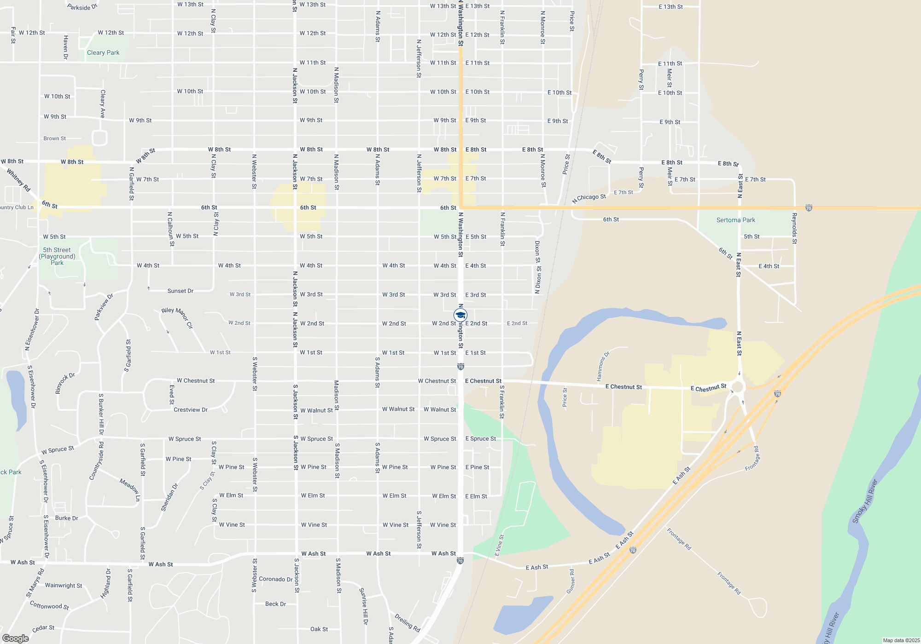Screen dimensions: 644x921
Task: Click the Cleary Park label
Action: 103,53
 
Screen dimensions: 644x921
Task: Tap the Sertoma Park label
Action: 735,220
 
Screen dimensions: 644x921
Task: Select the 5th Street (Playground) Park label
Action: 57,257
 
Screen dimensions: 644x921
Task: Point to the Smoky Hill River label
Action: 864,501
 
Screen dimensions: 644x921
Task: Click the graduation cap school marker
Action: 460,315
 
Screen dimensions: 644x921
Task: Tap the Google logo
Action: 16,638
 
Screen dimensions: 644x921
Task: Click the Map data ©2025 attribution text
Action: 901,640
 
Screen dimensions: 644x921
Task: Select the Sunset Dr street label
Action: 180,291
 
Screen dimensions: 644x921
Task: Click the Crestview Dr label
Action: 190,410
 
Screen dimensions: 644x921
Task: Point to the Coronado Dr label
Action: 275,579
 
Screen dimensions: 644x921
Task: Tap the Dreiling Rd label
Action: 408,622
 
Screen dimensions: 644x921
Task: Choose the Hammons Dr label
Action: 603,367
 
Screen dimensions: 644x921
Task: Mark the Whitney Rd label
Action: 18,180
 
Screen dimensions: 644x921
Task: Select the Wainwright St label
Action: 64,586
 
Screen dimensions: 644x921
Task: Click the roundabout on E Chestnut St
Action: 738,387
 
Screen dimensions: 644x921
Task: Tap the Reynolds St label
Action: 794,228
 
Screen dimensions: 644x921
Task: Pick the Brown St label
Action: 54,138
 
